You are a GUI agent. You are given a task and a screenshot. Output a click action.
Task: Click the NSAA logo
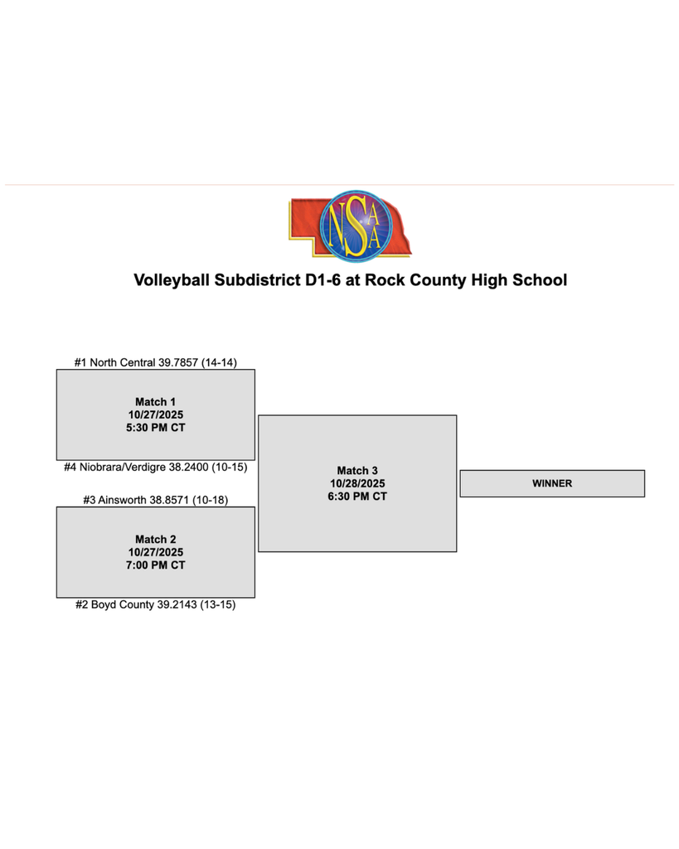pos(350,225)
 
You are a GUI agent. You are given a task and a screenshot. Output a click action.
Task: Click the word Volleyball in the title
pos(172,280)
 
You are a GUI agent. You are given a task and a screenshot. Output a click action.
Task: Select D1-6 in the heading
pos(330,280)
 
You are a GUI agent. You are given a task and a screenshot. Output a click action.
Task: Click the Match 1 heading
pos(156,401)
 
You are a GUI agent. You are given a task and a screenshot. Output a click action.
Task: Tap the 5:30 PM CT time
pos(156,428)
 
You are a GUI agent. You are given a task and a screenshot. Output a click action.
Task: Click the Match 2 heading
pos(156,539)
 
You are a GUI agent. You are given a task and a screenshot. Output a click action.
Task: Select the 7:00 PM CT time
pos(156,565)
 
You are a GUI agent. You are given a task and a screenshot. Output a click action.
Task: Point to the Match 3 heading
pos(357,470)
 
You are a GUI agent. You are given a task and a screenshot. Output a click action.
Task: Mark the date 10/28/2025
pos(357,483)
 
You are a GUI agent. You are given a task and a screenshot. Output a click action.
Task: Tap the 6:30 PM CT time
pos(357,497)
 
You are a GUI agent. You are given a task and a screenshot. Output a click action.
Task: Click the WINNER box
pos(552,483)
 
